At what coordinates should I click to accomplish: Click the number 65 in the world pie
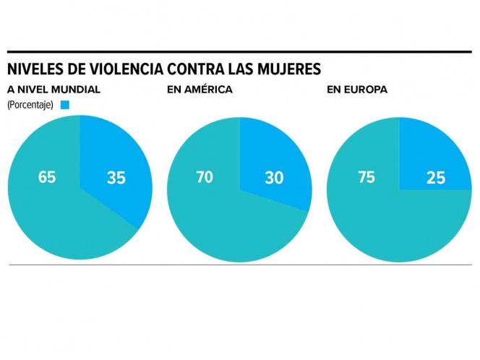tap(47, 177)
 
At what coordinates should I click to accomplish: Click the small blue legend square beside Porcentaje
tap(65, 105)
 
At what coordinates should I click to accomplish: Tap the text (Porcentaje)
tap(31, 105)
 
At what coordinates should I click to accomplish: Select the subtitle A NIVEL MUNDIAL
tap(53, 90)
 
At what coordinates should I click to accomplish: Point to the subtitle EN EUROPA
tap(357, 90)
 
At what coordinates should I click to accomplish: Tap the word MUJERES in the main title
tap(286, 70)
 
